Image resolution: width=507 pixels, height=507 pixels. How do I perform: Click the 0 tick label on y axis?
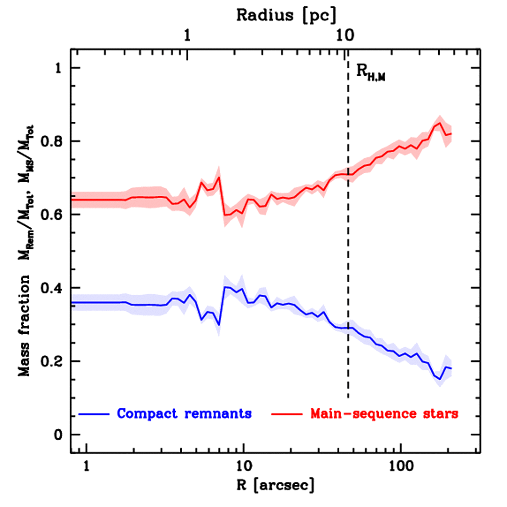[x=59, y=435]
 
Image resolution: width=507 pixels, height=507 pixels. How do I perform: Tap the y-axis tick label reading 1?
[x=59, y=68]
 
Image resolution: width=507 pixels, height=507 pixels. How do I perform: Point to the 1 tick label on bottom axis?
[x=87, y=466]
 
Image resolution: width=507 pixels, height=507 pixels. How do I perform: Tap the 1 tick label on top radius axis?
[x=187, y=36]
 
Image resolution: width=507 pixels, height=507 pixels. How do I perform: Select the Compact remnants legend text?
[x=184, y=413]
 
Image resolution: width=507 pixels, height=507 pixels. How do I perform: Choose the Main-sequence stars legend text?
[x=384, y=413]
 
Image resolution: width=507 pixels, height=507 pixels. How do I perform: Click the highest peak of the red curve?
[x=439, y=123]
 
